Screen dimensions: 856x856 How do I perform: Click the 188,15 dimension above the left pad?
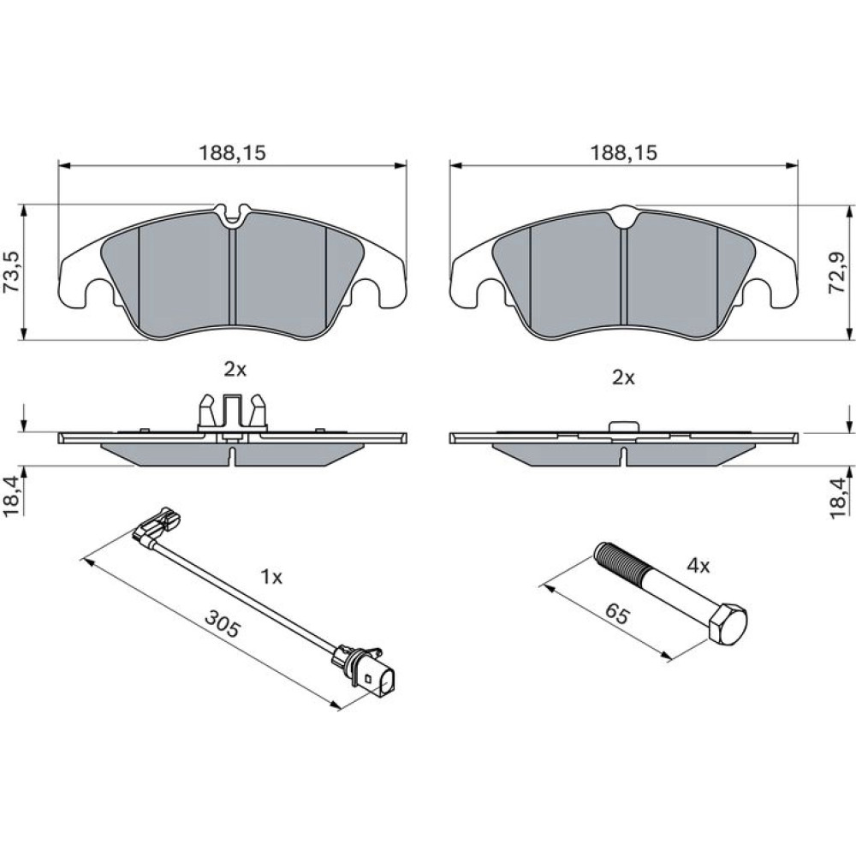point(232,153)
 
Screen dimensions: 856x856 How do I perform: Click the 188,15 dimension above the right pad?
point(623,153)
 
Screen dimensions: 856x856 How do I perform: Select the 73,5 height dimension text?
point(12,272)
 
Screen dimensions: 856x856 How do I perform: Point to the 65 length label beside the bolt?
point(618,615)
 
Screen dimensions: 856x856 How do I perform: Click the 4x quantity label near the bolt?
point(698,566)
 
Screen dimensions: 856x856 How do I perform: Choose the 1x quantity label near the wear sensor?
point(271,576)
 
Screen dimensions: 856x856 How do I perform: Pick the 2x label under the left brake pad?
point(235,370)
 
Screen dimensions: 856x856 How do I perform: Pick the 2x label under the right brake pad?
point(623,377)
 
